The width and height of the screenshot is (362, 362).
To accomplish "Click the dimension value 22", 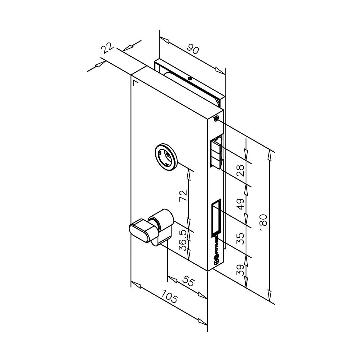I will (x=107, y=48).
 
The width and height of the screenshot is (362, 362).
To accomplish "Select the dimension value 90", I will (x=193, y=48).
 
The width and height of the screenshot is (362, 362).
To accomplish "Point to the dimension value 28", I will (x=240, y=170).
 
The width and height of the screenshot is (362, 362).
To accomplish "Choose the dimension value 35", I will (x=240, y=238).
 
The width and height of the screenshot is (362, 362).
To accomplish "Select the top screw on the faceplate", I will (x=216, y=119).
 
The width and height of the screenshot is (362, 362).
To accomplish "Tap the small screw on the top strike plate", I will (x=189, y=79).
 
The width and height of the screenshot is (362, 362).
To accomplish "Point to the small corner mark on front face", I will (x=135, y=82).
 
